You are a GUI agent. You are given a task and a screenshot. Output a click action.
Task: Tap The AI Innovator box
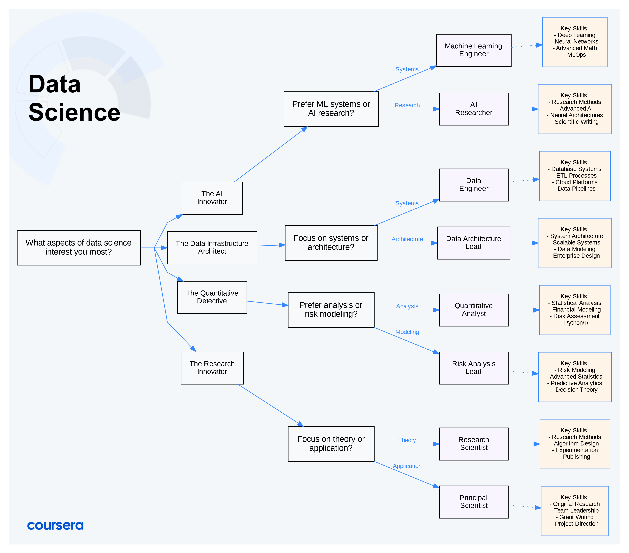[x=212, y=198]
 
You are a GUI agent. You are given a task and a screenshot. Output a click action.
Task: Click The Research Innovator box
[x=212, y=368]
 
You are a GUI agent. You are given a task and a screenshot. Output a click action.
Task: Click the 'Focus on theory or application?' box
[x=331, y=444]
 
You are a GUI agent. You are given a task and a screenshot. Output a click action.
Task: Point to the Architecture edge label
[x=407, y=239]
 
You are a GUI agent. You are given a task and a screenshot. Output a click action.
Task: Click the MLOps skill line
[x=575, y=55]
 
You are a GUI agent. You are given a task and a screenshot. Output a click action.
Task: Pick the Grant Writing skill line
[x=575, y=517]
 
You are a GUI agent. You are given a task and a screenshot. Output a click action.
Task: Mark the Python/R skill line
[x=575, y=323]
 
